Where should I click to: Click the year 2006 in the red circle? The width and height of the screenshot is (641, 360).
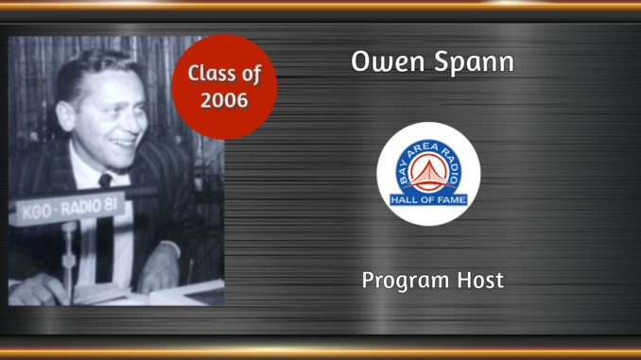click(x=224, y=99)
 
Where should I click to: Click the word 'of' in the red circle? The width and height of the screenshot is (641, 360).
click(x=251, y=74)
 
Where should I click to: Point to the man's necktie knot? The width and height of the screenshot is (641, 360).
click(x=105, y=180)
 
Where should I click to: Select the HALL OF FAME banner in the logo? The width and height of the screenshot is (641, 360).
click(x=428, y=199)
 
